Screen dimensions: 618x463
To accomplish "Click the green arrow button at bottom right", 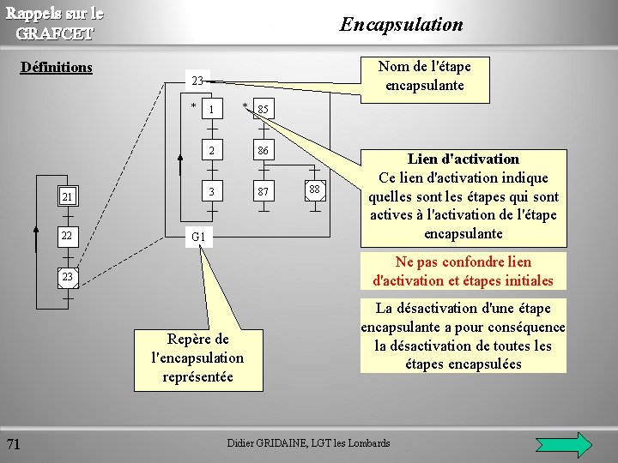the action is pyautogui.click(x=563, y=444).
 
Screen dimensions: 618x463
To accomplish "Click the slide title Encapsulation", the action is pyautogui.click(x=401, y=24).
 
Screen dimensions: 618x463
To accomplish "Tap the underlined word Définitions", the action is pyautogui.click(x=56, y=67).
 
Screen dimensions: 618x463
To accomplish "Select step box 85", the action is pyautogui.click(x=263, y=110).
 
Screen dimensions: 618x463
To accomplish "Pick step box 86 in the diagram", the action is pyautogui.click(x=263, y=151).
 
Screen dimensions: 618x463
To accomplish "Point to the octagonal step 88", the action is pyautogui.click(x=314, y=189).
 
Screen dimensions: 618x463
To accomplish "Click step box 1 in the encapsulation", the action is pyautogui.click(x=211, y=110).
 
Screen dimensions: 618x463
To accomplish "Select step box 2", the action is pyautogui.click(x=211, y=151).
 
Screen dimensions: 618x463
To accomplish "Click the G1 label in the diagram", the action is pyautogui.click(x=197, y=236).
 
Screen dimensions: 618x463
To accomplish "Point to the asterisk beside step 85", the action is pyautogui.click(x=245, y=106).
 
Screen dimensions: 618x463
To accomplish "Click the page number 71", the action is pyautogui.click(x=14, y=443).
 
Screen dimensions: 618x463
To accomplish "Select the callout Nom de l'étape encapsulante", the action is pyautogui.click(x=424, y=75).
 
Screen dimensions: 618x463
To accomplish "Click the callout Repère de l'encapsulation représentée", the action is pyautogui.click(x=197, y=358).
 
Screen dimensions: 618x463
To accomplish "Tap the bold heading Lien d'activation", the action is pyautogui.click(x=463, y=159).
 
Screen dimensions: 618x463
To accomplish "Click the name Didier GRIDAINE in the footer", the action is pyautogui.click(x=258, y=443).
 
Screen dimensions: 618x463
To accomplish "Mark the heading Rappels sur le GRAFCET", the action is pyautogui.click(x=55, y=23).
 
